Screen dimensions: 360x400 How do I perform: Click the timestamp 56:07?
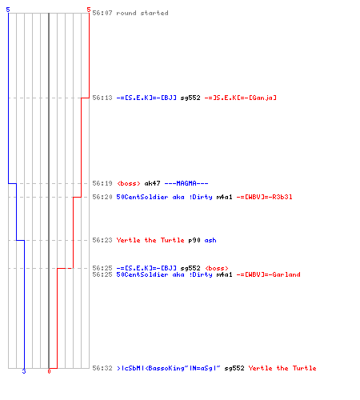102,13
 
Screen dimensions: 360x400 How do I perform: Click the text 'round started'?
142,13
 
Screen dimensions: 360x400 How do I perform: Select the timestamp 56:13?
102,98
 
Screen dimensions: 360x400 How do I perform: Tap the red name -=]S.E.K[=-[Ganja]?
240,98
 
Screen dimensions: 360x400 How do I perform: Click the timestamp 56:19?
102,183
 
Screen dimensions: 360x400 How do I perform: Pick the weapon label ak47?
152,183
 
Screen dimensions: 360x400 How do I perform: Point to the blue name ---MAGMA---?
186,183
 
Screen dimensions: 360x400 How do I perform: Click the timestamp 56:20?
102,197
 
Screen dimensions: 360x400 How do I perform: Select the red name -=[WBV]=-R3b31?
264,197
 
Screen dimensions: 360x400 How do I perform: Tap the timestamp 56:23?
102,240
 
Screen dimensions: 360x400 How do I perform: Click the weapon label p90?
194,240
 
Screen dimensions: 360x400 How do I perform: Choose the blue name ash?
210,240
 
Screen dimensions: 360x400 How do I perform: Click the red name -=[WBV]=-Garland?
268,274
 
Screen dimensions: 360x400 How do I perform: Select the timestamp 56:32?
102,368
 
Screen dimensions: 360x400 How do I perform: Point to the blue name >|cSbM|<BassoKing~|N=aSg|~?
168,368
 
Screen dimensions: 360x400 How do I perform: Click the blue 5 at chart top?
8,10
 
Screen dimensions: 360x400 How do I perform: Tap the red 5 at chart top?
89,10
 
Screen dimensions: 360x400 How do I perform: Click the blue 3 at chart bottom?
24,371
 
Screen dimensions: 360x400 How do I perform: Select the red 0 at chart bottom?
49,371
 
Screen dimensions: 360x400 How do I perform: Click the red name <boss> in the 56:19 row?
128,183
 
